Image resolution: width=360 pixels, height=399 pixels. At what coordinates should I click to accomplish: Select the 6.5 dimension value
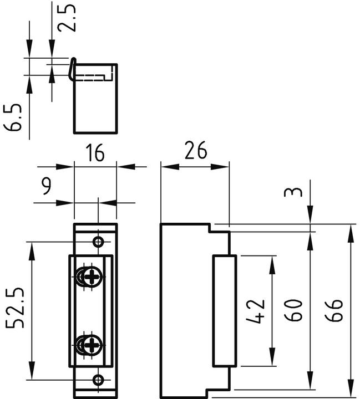tap(15, 116)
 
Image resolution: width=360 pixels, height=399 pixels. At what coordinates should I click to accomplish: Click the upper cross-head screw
tap(90, 277)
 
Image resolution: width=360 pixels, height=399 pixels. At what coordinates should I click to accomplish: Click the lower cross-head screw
tap(90, 345)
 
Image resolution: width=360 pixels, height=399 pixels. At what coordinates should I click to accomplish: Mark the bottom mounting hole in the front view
tap(98, 380)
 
